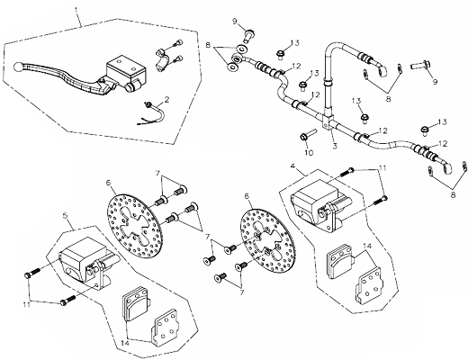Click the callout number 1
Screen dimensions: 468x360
tap(76, 10)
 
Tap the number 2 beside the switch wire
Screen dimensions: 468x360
tap(166, 99)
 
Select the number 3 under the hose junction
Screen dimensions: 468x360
tap(335, 146)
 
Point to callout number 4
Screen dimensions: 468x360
tap(293, 166)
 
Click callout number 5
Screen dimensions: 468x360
tap(66, 215)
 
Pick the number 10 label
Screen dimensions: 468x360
tap(309, 153)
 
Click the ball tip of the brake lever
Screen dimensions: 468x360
tap(18, 66)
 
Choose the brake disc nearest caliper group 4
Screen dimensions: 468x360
tap(267, 241)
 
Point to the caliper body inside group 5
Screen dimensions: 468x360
tap(86, 262)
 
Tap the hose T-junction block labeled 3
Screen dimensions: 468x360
tap(328, 122)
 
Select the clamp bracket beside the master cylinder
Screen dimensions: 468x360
tap(162, 60)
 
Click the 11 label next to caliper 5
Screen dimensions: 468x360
tap(27, 304)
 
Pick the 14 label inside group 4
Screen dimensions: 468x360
tap(367, 247)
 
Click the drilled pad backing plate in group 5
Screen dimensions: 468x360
tap(164, 326)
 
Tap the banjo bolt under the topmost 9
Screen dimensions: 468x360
tap(249, 35)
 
